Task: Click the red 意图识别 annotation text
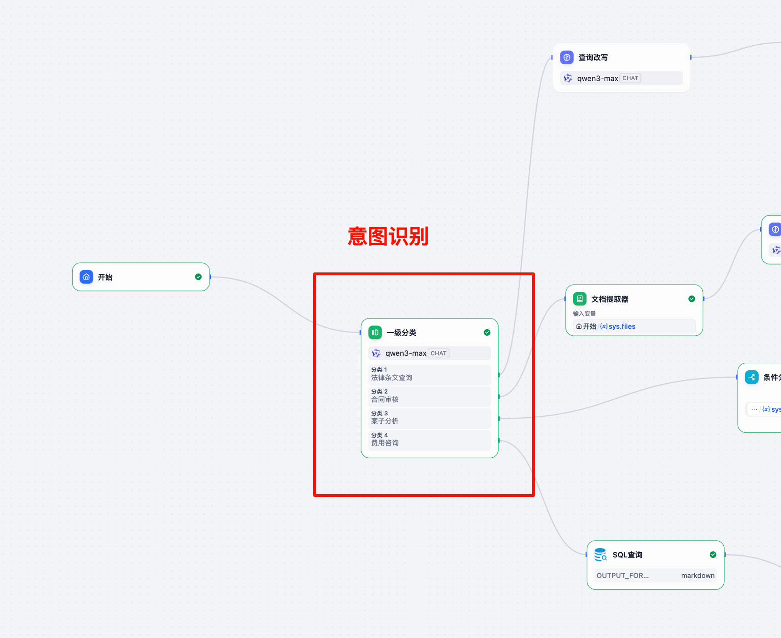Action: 388,237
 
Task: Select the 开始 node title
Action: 105,277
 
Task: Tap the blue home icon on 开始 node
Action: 87,277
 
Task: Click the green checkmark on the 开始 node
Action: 198,277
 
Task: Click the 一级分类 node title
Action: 401,333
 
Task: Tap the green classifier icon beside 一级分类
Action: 375,333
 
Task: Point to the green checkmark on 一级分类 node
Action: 487,333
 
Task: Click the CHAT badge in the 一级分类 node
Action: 438,353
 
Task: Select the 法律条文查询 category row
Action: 429,374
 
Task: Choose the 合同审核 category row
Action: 429,396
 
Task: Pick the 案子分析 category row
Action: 429,418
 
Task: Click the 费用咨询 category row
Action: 429,440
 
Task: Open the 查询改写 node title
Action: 593,57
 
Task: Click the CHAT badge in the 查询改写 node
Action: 630,78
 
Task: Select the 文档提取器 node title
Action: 610,299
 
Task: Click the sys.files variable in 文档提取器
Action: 621,326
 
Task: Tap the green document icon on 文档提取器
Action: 580,299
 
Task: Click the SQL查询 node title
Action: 627,555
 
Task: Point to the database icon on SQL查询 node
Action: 600,555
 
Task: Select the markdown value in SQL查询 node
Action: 698,576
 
